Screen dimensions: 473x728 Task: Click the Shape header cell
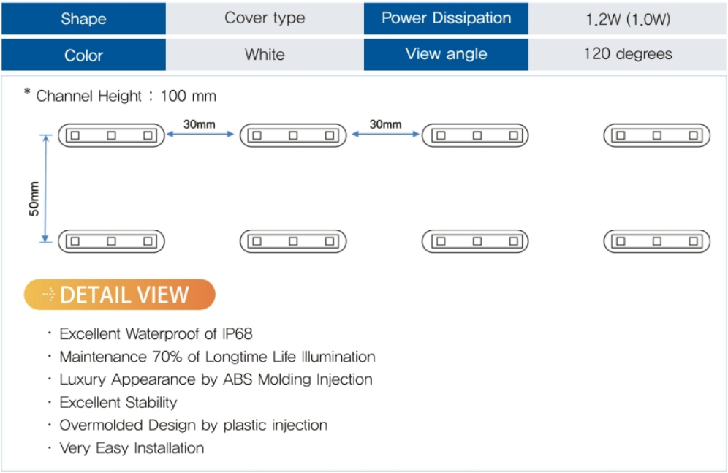pyautogui.click(x=83, y=18)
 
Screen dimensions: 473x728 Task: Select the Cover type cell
pyautogui.click(x=265, y=18)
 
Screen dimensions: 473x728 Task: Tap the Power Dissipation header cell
pyautogui.click(x=446, y=18)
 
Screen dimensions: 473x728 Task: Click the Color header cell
pyautogui.click(x=83, y=55)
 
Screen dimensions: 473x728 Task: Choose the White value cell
pyautogui.click(x=265, y=55)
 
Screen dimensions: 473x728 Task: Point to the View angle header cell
pyautogui.click(x=446, y=54)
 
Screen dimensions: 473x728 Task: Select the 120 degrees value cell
pyautogui.click(x=628, y=54)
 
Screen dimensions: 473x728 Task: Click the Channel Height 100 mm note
pyautogui.click(x=121, y=96)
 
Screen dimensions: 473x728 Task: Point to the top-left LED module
pyautogui.click(x=111, y=135)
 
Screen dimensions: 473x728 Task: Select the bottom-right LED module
pyautogui.click(x=656, y=241)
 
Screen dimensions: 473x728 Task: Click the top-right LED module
pyautogui.click(x=656, y=135)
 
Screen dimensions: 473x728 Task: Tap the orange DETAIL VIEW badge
pyautogui.click(x=120, y=295)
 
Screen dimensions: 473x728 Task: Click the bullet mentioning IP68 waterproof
pyautogui.click(x=156, y=334)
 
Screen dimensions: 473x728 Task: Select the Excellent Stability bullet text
pyautogui.click(x=118, y=402)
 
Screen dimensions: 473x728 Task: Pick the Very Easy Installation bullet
pyautogui.click(x=132, y=447)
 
